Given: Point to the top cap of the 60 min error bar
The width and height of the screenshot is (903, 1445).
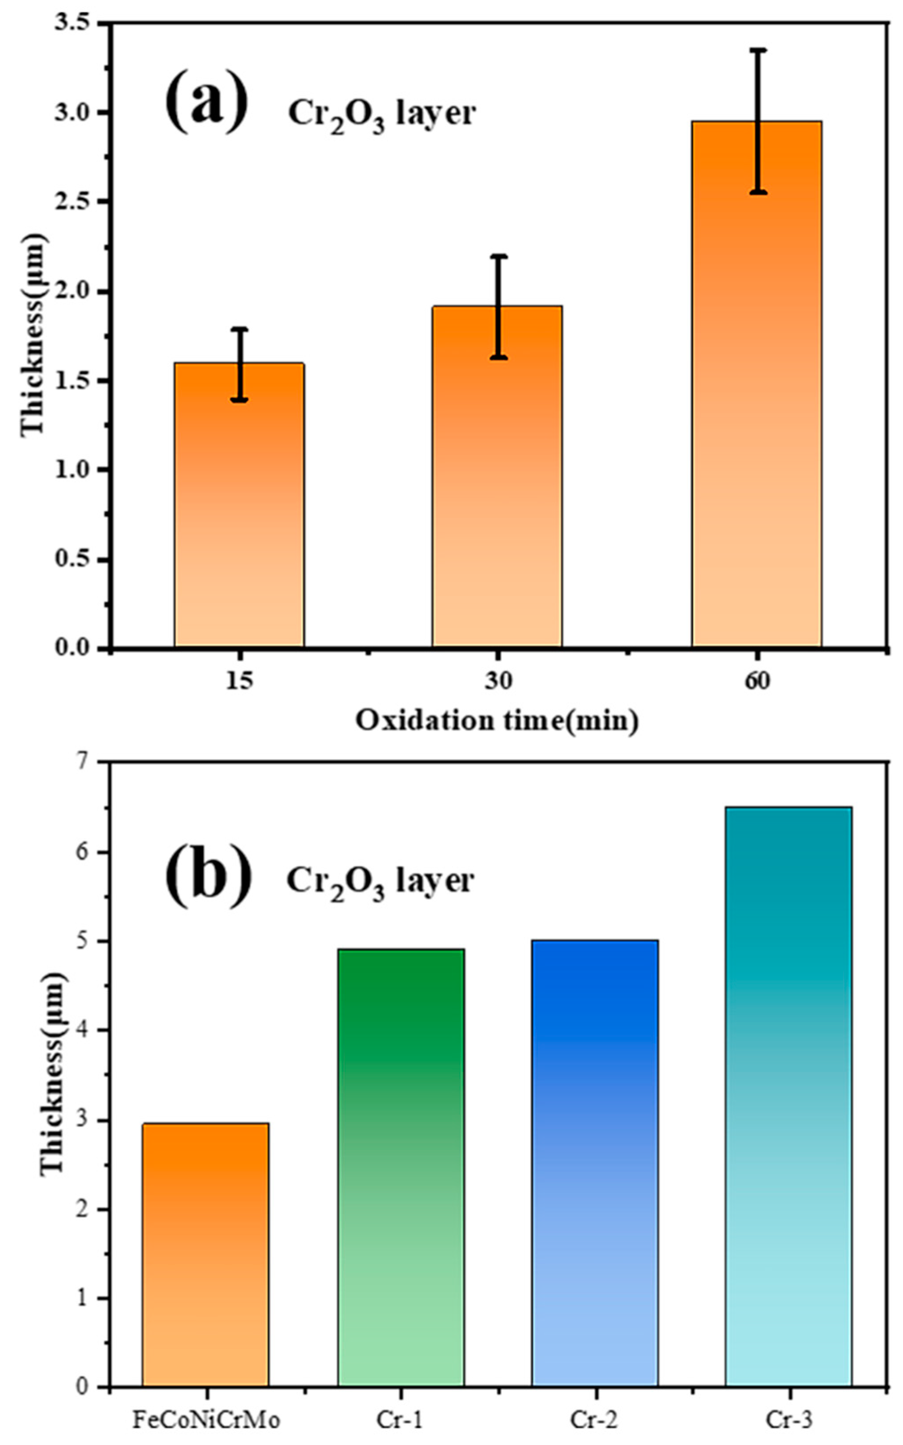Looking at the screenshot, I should point(758,51).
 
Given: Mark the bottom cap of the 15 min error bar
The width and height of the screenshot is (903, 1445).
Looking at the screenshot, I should point(239,400).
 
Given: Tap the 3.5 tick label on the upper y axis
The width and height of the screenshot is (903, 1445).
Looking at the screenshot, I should point(71,24).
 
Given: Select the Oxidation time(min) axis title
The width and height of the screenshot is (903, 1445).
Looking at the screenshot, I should point(497,721).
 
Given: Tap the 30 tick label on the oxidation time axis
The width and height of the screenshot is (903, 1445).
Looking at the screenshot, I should point(497,681).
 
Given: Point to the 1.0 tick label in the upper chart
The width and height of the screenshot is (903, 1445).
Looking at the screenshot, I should point(71,470).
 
